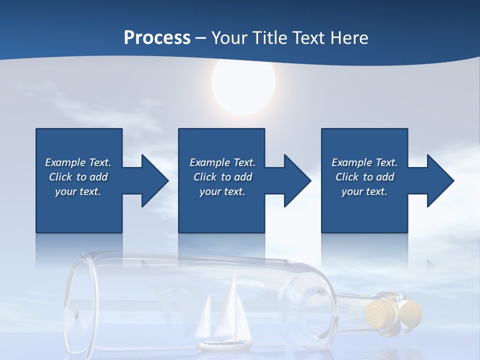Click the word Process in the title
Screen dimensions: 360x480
tap(157, 38)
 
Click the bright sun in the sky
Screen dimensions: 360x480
tap(243, 83)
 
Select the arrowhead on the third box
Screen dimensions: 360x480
tap(439, 180)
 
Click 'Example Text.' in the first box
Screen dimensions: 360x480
tap(78, 162)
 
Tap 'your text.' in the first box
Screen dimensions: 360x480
tap(78, 191)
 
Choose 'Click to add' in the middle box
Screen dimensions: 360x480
tap(222, 177)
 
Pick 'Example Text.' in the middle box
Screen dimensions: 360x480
tap(222, 162)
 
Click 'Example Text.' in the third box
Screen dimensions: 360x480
tap(364, 162)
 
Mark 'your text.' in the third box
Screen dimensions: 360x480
tap(364, 191)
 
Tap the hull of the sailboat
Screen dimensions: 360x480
tap(225, 344)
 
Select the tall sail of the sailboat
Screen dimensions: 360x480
tap(230, 310)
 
